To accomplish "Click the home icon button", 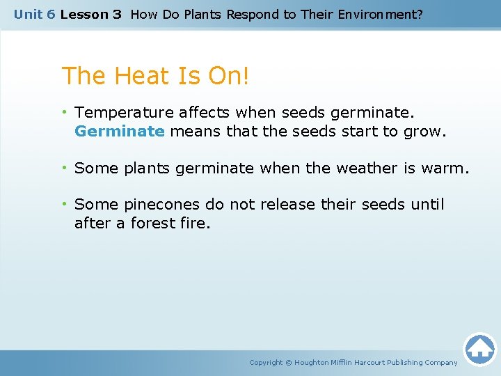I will click(x=479, y=349).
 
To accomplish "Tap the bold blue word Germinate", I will click(x=119, y=131).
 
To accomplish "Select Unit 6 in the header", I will click(x=34, y=14).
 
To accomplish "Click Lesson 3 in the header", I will click(x=90, y=14).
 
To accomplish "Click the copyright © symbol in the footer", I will click(x=289, y=362).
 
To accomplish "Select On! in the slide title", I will click(x=226, y=77).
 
